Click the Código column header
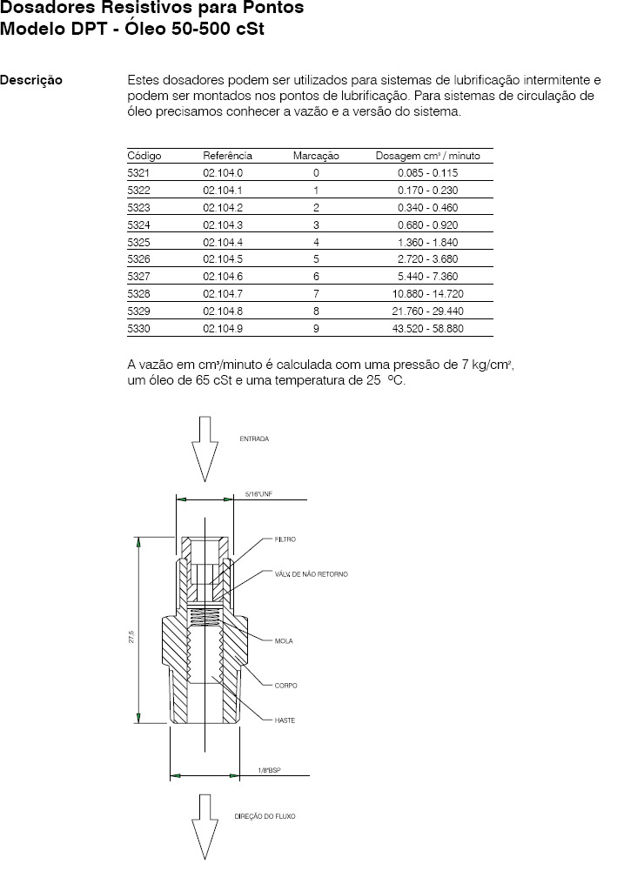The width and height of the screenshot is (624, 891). pos(144,156)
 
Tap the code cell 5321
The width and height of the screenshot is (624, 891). pos(139,173)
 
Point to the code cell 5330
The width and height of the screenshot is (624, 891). pos(139,329)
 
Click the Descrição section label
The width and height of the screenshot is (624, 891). pos(31,80)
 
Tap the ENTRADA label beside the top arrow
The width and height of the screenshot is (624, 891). pos(254,439)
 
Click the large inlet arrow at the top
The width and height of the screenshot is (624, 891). pos(204,449)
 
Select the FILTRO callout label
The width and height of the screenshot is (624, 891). pos(285,539)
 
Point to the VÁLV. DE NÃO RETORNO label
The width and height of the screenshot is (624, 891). pos(311,574)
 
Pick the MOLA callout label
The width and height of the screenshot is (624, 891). pos(283,641)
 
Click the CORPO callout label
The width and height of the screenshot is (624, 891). pos(285,686)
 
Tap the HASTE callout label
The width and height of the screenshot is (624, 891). pos(285,720)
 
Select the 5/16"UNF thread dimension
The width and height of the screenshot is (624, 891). pos(258,494)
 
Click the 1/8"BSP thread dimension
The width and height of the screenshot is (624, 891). pos(269,770)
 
